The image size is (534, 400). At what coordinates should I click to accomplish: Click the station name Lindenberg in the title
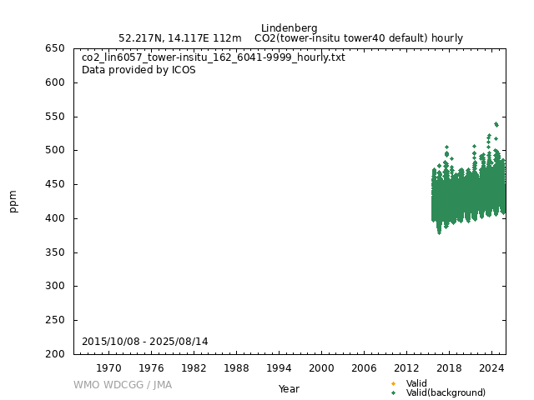pos(289,28)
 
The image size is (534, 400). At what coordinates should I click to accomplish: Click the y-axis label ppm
pos(13,201)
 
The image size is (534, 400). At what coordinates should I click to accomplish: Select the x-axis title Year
pos(289,389)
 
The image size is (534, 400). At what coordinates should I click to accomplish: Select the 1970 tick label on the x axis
pos(108,367)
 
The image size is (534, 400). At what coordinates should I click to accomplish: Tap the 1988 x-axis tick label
pos(236,367)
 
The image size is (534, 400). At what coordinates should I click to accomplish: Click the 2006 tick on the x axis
pos(364,367)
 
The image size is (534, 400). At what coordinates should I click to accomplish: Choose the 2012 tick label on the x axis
pos(406,367)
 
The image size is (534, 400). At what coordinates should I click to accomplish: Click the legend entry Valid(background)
pos(446,392)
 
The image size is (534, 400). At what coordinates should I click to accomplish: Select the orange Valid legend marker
pos(393,383)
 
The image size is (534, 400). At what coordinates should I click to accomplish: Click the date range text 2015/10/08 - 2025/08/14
pos(145,342)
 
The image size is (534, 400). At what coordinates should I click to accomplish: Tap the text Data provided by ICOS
pos(139,70)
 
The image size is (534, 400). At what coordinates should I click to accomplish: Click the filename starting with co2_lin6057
pos(213,57)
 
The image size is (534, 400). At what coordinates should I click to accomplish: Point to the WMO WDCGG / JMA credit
pos(123,385)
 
